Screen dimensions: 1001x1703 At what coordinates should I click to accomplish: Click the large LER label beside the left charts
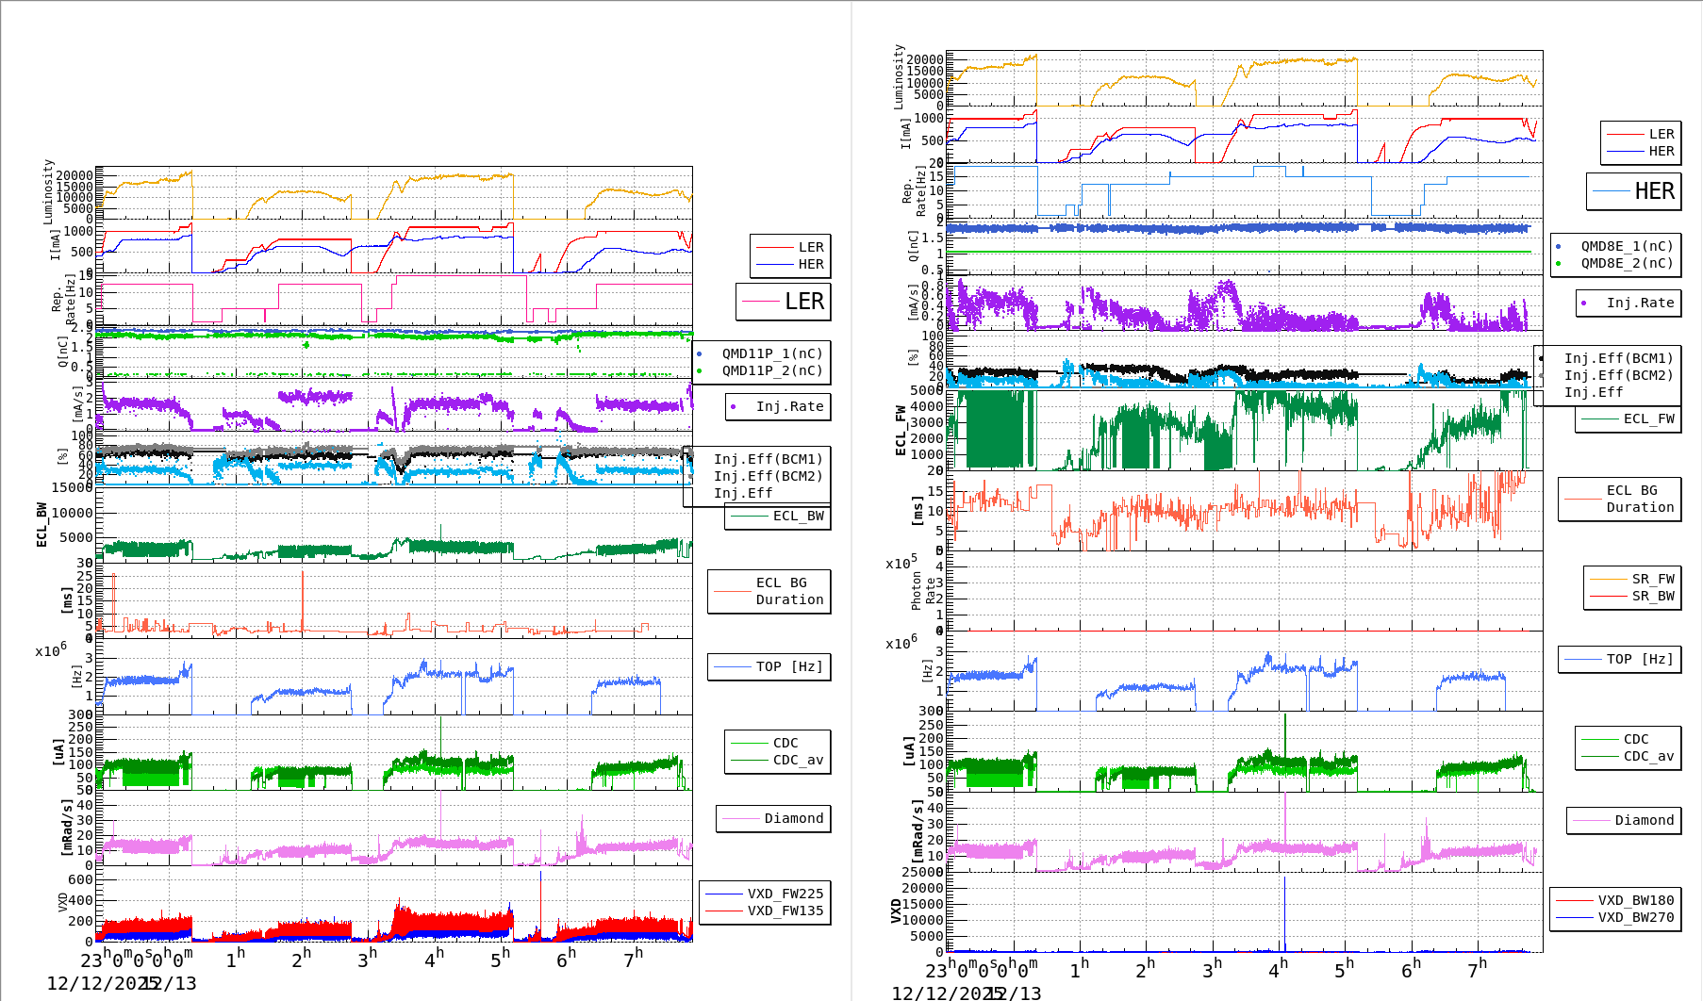pos(803,302)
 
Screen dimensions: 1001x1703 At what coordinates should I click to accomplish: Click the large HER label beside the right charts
pos(1654,191)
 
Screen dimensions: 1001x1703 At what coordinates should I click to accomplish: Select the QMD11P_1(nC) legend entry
pos(771,353)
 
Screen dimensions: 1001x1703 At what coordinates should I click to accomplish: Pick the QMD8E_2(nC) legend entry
pos(1627,263)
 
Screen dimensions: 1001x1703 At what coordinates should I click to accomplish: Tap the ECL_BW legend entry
pos(798,516)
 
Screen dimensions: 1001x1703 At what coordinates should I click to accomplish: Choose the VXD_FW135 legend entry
pos(785,911)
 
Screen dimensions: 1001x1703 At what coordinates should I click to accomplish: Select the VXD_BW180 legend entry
pos(1635,900)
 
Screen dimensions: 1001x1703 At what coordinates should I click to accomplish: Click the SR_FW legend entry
pos(1652,579)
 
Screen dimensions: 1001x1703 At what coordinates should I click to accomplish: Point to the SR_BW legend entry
pos(1652,596)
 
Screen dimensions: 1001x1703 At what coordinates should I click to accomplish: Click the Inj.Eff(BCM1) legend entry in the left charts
pos(768,459)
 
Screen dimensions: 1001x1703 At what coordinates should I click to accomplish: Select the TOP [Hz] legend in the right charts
pos(1640,659)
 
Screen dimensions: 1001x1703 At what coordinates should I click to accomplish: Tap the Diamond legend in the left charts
pos(793,818)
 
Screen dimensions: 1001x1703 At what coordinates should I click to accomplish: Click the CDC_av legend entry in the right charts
pos(1646,756)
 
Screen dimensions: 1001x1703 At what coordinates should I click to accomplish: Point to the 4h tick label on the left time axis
pos(434,960)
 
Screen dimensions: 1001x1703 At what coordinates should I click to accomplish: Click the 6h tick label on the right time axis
pos(1411,970)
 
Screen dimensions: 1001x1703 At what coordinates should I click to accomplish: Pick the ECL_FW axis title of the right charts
pos(901,431)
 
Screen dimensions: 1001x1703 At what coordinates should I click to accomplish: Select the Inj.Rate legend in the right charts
pos(1640,303)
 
